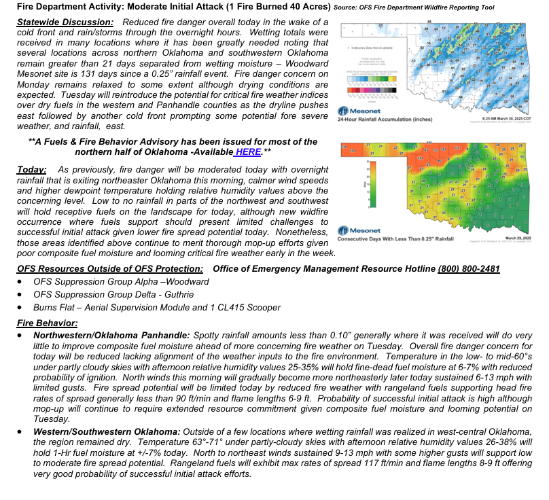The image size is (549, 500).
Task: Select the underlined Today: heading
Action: coord(32,168)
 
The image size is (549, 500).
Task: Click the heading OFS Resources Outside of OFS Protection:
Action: coord(110,269)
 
